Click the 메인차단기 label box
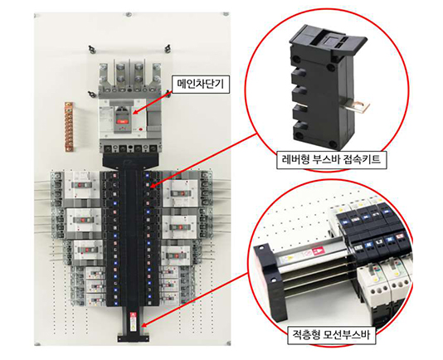201,84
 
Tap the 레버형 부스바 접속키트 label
331,159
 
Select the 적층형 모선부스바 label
331,335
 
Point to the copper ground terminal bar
69,127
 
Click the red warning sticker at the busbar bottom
133,316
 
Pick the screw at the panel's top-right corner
226,14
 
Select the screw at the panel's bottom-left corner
37,344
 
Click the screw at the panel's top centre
128,14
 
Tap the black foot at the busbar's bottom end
133,338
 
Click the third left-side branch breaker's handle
88,250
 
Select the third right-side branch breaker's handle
175,255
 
